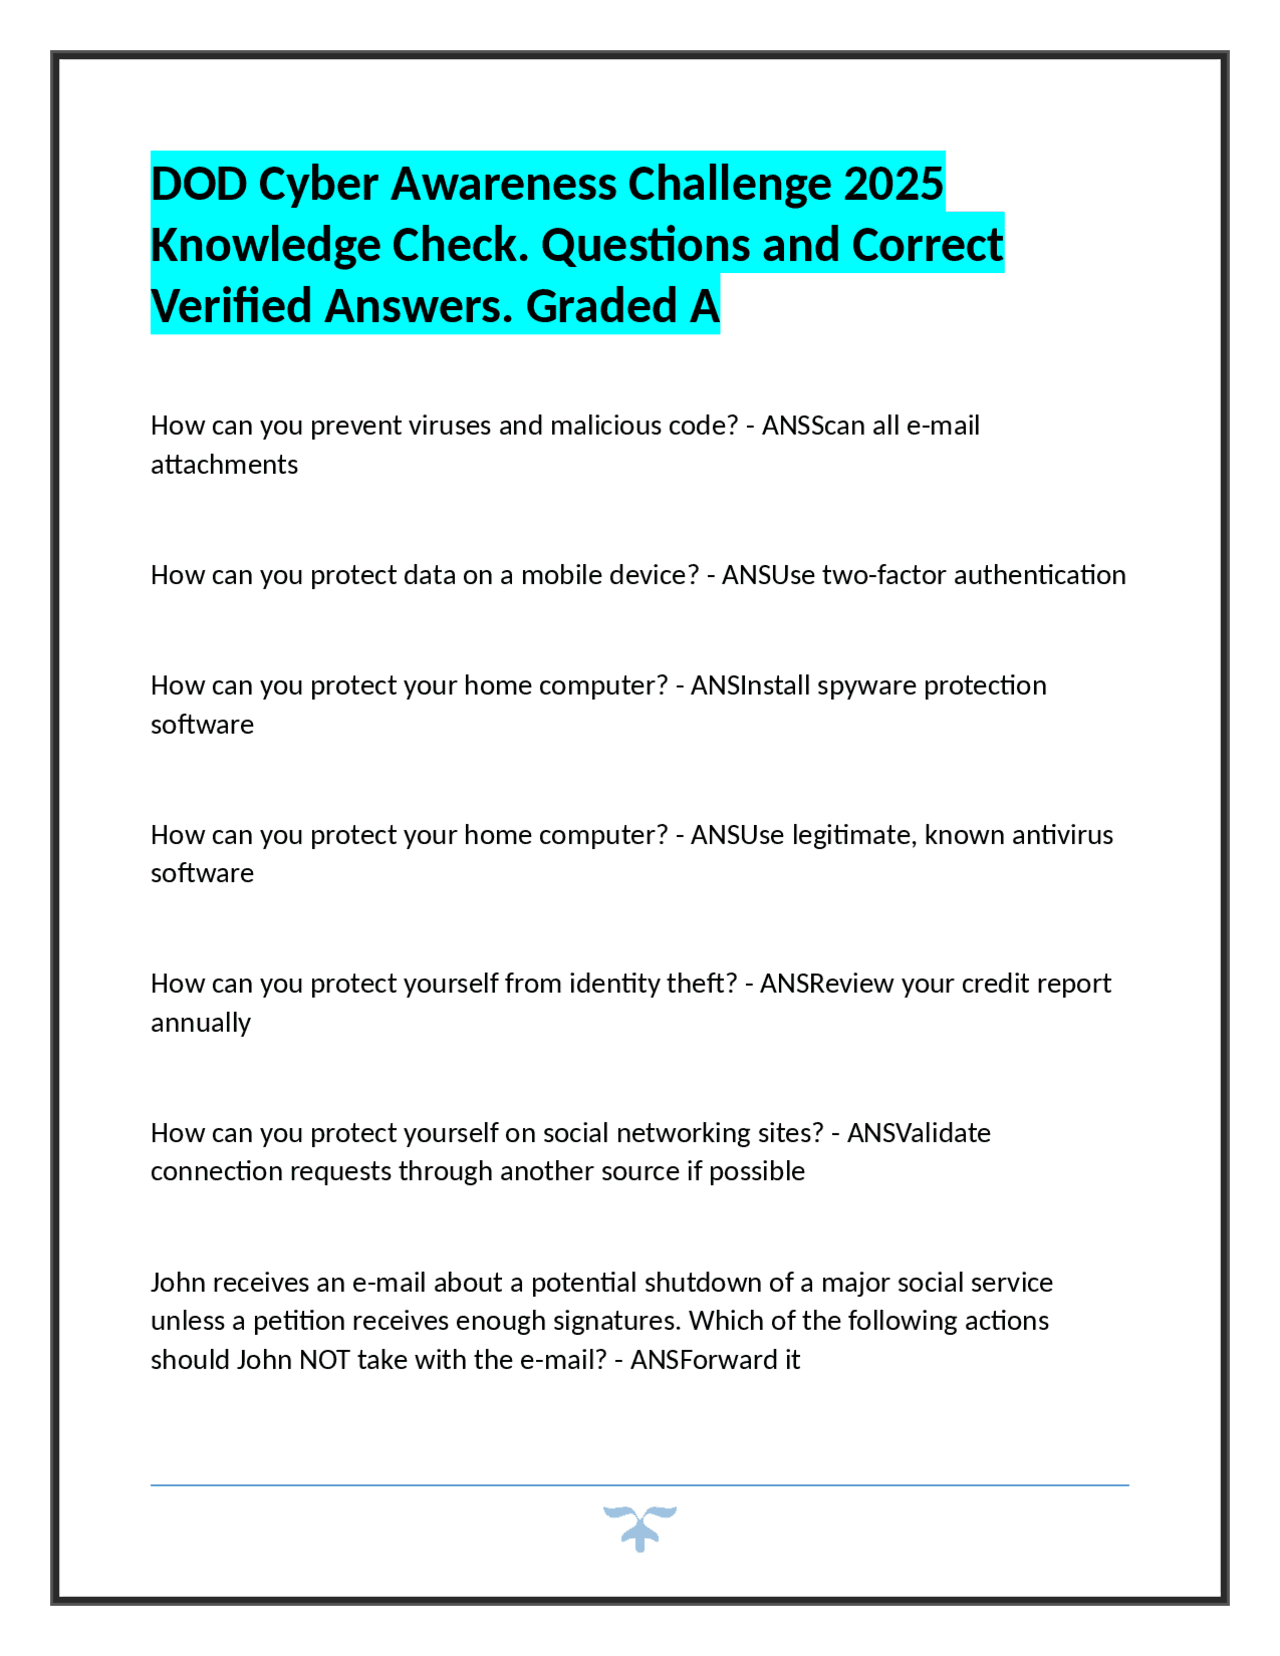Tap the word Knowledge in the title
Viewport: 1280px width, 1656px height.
tap(265, 245)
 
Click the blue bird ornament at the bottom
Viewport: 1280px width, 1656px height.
tap(640, 1527)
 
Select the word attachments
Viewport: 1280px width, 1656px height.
tap(224, 465)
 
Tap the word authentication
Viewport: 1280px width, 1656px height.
tap(1040, 575)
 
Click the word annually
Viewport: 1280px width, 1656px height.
tap(200, 1023)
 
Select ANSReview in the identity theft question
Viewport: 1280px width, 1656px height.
tap(827, 984)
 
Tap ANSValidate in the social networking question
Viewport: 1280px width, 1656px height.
tap(918, 1133)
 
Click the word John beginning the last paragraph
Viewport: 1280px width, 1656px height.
tap(178, 1283)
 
